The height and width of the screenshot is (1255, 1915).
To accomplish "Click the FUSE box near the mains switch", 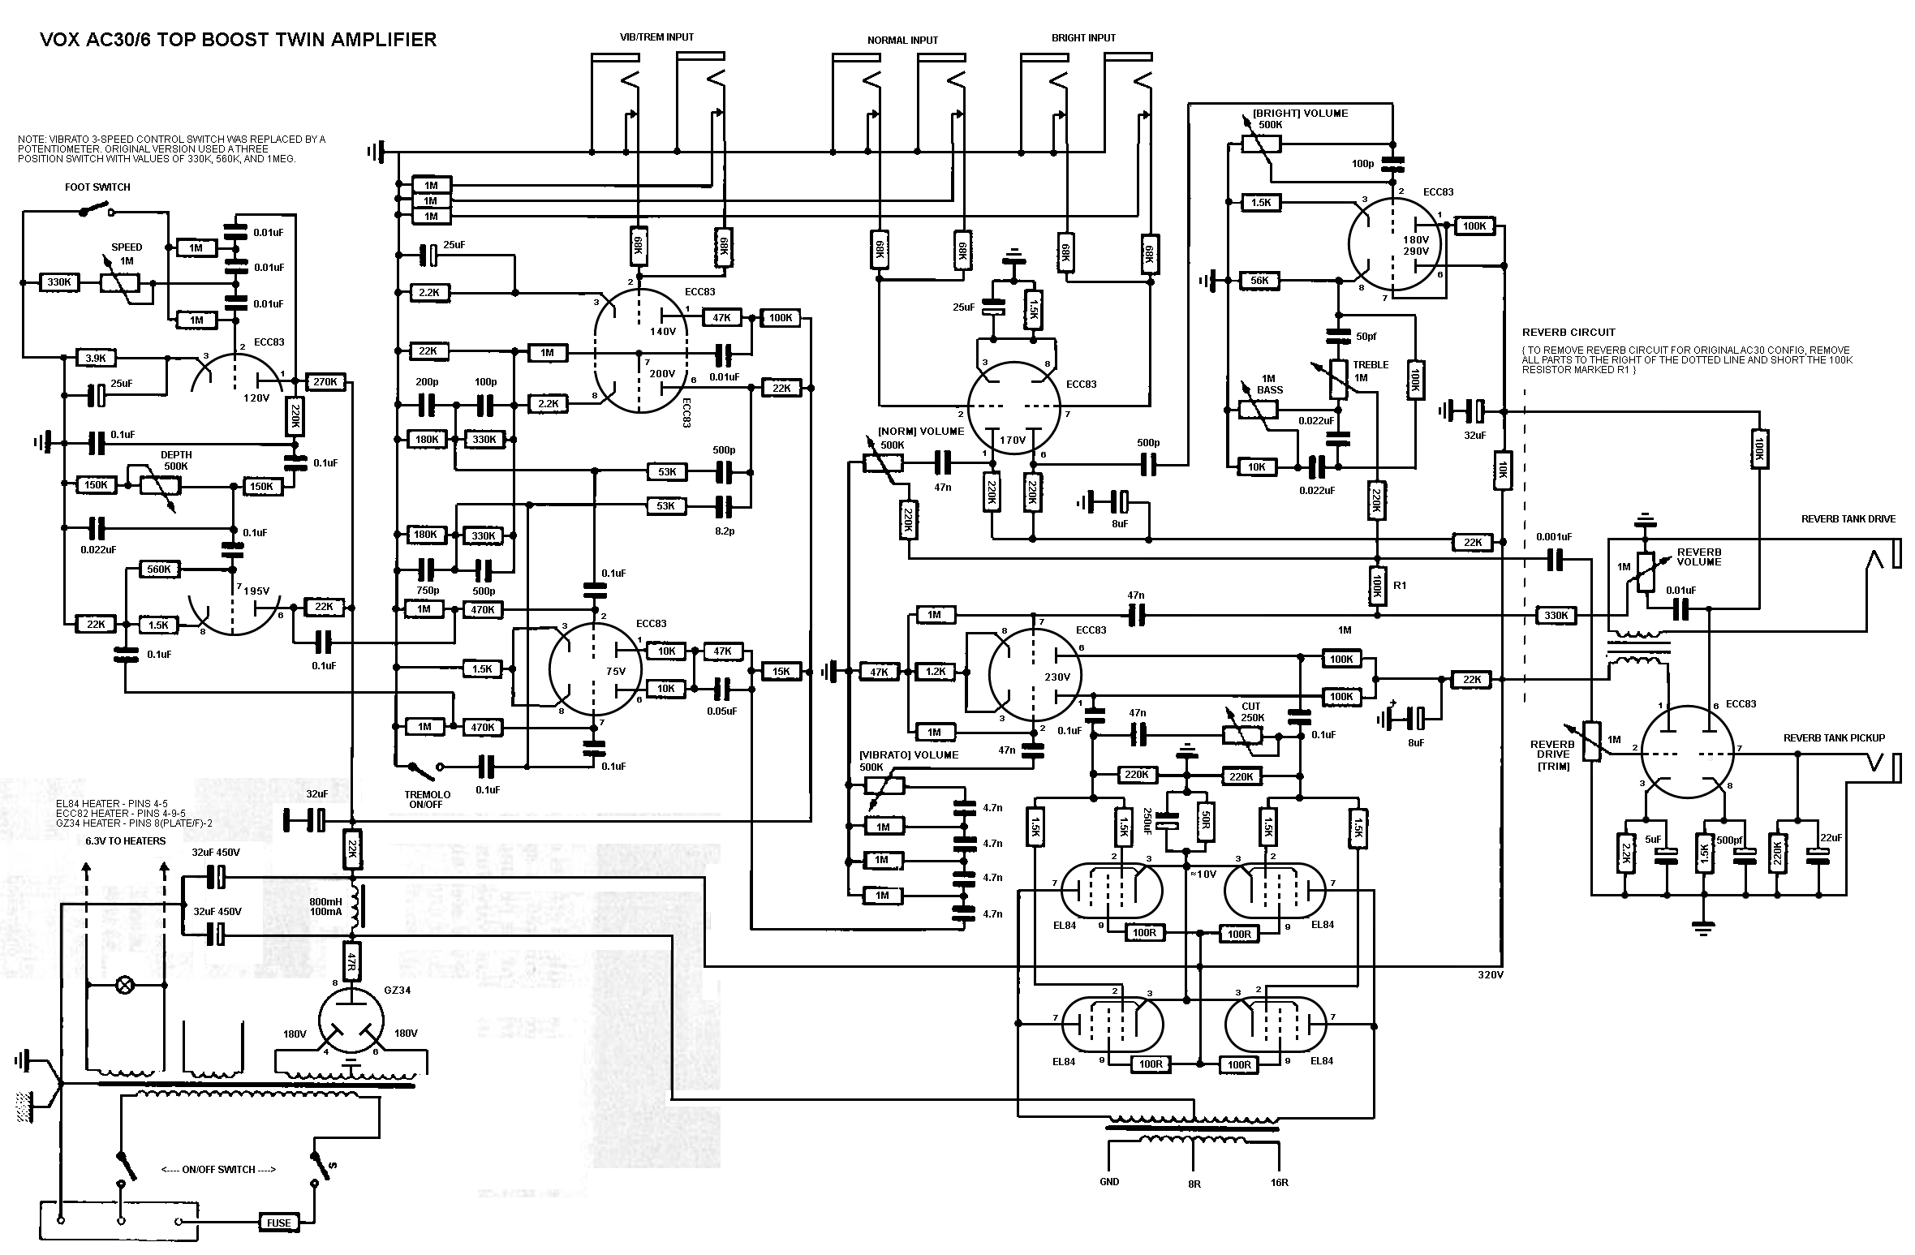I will tap(278, 1223).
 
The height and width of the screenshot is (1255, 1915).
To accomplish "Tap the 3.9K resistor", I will tap(96, 358).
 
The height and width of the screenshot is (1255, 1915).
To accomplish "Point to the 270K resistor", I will tap(327, 382).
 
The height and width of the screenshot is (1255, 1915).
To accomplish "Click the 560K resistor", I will tap(159, 569).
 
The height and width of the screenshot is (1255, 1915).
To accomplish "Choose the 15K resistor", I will tap(781, 672).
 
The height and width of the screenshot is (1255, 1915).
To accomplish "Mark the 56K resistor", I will tap(1260, 281).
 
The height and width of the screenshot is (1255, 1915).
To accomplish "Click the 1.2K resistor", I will tap(936, 672).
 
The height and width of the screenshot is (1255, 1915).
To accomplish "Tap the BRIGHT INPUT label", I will tap(1083, 38).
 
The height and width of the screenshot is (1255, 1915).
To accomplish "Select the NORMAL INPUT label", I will tap(902, 41).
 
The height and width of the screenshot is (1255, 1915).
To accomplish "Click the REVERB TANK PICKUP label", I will tap(1833, 738).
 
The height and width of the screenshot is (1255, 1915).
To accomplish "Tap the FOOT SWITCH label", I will tap(97, 187).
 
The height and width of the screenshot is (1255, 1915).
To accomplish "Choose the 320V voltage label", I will tap(1491, 975).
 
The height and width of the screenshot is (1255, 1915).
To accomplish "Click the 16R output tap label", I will tap(1279, 1183).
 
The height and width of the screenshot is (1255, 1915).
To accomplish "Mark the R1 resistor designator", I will tap(1400, 585).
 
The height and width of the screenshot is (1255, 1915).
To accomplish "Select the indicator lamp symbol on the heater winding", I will tap(125, 986).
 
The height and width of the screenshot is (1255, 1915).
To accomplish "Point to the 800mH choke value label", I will tap(325, 902).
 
